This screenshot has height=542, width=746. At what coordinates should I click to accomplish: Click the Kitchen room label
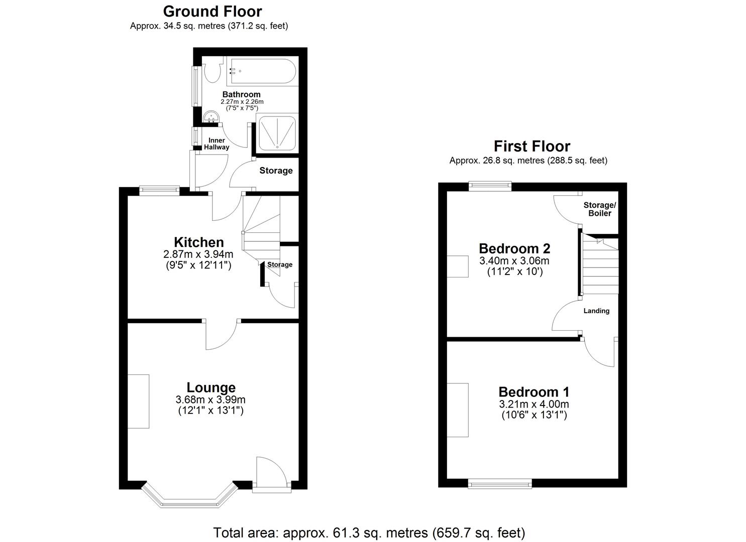198,242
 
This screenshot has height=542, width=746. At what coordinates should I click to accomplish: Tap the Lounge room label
210,387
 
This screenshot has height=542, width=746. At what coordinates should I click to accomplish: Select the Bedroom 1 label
534,392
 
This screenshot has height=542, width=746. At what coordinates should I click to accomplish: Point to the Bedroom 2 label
514,248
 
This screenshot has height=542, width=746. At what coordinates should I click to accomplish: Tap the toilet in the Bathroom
213,71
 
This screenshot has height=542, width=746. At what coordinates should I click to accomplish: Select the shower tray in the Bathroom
276,132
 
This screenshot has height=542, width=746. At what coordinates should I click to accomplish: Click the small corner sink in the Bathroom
211,117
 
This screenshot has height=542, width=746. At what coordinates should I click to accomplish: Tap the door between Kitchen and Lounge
221,334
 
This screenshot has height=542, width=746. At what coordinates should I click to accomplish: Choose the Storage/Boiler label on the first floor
599,209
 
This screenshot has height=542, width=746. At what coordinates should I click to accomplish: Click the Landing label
596,311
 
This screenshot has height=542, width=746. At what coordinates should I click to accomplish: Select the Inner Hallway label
217,144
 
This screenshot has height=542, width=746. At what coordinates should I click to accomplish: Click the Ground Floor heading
212,11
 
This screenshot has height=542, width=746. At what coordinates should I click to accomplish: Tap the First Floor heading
531,146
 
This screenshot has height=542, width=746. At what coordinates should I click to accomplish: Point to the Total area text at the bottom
369,532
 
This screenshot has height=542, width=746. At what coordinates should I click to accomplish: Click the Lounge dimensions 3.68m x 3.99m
210,400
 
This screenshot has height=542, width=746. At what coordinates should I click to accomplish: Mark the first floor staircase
600,266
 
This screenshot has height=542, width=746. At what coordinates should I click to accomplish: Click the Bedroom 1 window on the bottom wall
499,483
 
